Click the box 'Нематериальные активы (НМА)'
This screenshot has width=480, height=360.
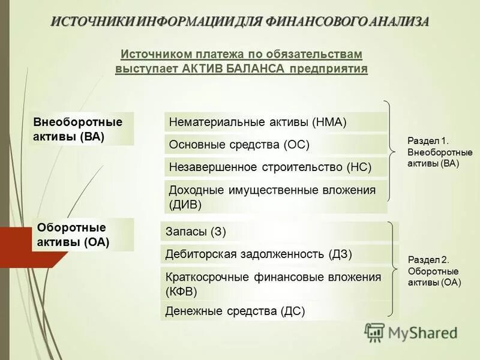(275, 122)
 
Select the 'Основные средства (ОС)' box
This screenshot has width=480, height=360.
(275, 145)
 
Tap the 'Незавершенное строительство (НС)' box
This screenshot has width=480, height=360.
(275, 167)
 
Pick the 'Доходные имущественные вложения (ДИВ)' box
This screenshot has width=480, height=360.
(275, 197)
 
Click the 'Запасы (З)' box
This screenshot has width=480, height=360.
(278, 232)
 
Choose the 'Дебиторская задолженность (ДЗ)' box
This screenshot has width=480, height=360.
(278, 254)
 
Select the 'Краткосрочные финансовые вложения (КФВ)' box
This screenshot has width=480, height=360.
(278, 284)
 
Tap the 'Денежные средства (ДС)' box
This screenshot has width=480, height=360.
(278, 311)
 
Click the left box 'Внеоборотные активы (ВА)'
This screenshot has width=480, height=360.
(82, 129)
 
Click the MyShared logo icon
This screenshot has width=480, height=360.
(375, 332)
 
